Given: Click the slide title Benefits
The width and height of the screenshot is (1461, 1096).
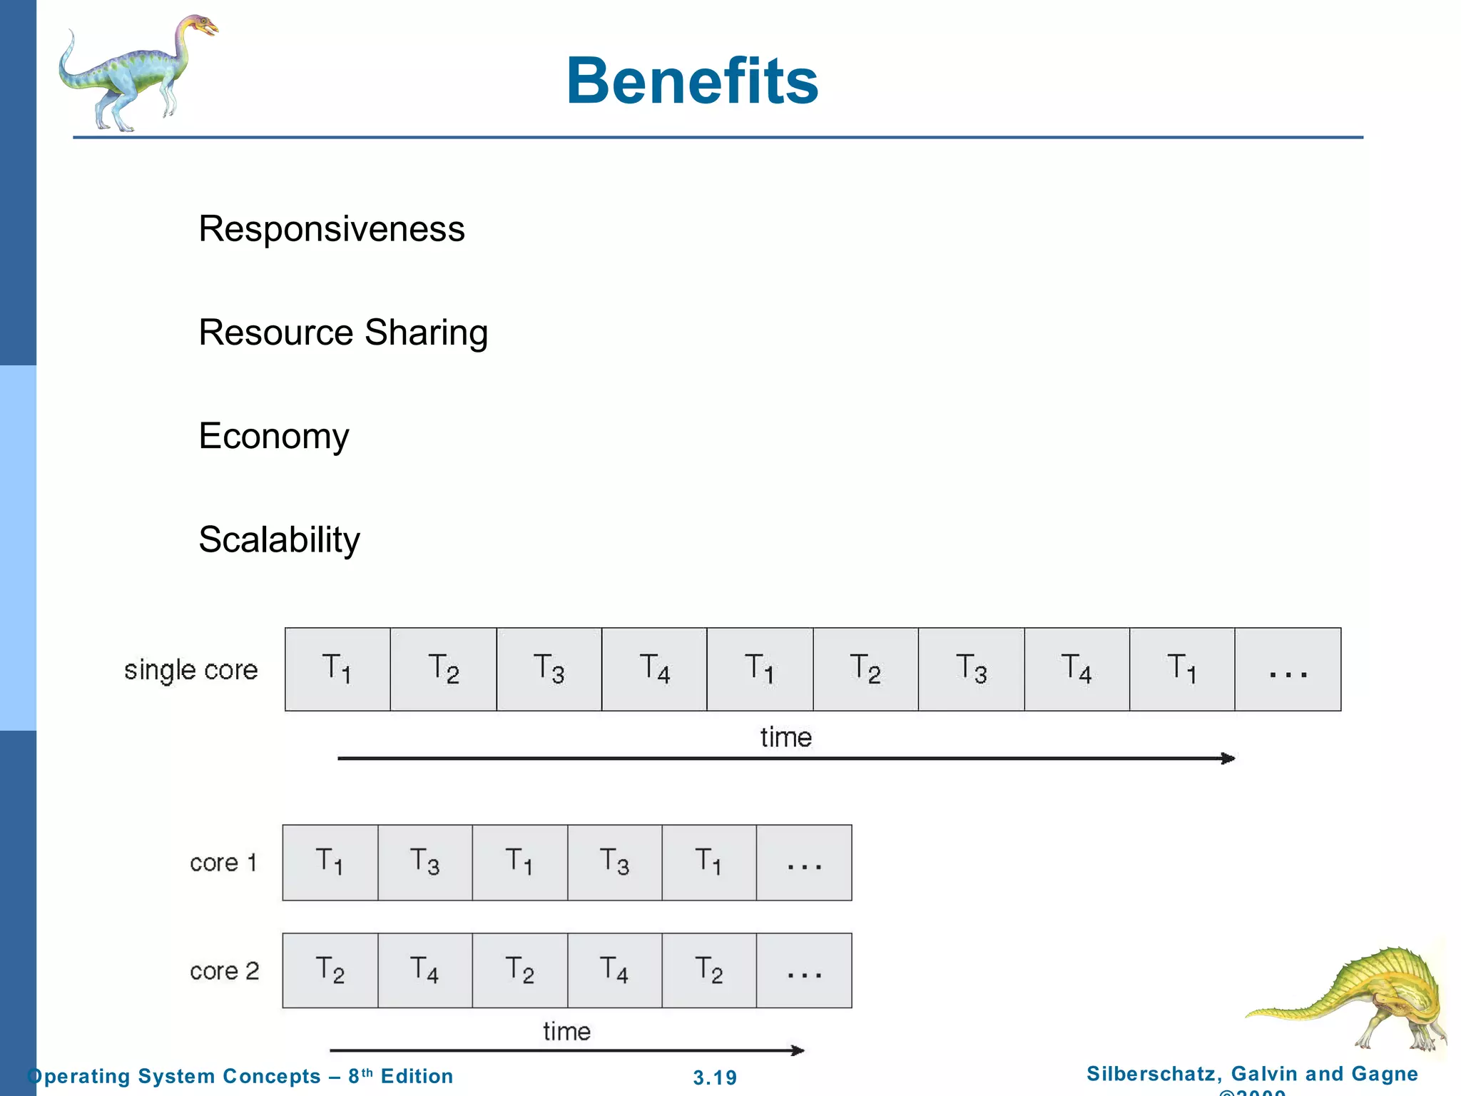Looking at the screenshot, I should coord(691,81).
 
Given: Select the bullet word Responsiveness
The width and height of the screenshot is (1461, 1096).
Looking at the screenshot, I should coord(331,229).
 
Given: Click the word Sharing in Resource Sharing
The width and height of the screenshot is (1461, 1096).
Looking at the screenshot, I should coord(426,333).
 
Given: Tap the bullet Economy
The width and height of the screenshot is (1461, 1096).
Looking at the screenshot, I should coord(274,436).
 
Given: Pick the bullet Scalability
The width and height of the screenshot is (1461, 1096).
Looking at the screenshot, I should coord(279,539).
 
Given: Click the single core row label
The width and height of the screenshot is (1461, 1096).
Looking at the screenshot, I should coord(190,670).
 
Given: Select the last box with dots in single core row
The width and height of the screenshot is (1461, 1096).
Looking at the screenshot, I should coord(1288,670).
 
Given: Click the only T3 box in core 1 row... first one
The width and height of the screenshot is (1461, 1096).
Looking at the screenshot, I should coord(425,862).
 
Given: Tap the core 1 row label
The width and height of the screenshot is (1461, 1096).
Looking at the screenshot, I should coord(223,863).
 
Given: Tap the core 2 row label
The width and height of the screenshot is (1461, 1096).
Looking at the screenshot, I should coord(224,971).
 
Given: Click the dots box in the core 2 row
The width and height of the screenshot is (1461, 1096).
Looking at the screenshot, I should coord(804,971).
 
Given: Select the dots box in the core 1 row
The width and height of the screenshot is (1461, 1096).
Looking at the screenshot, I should coord(804,863).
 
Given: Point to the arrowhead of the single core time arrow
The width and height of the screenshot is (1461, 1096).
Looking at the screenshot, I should coord(1228,758).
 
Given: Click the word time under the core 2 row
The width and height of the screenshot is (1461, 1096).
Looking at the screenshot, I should coord(566,1031).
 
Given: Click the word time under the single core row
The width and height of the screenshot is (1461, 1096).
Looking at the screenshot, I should coord(785,737).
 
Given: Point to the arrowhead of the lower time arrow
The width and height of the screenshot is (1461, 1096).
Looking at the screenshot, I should coord(798,1050).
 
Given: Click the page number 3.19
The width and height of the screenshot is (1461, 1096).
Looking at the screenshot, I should coord(715,1077).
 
